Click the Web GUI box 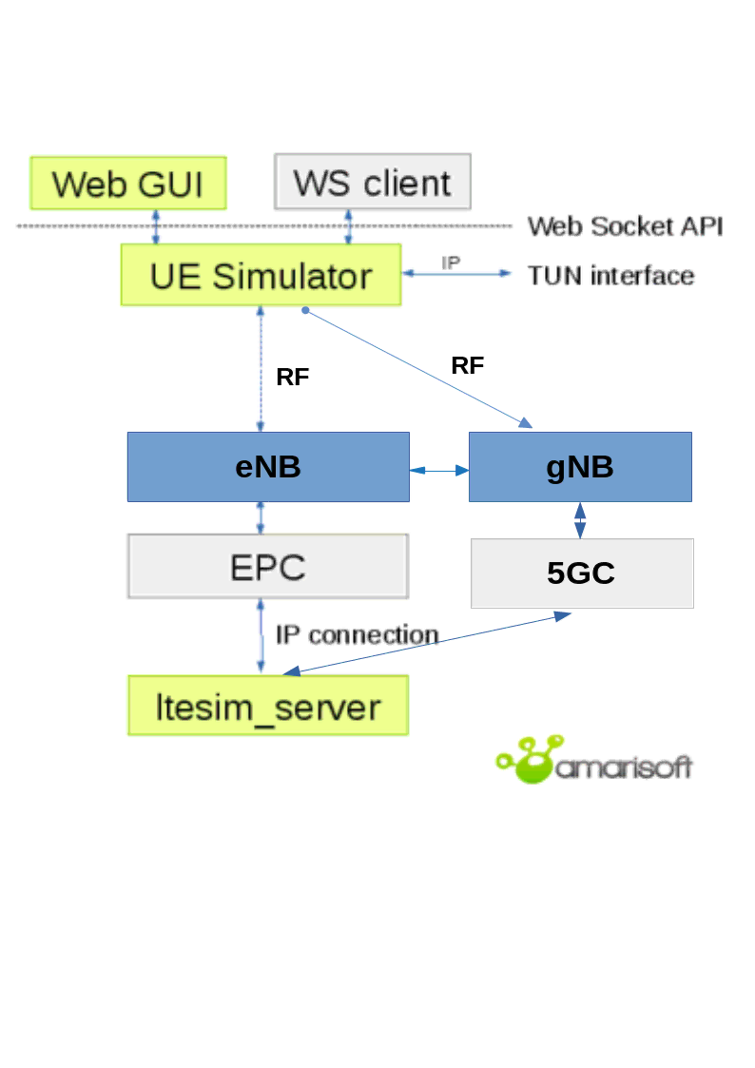pos(128,183)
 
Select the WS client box pos(372,182)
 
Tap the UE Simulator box pos(261,276)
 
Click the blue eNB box pos(268,467)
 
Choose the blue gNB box pos(580,467)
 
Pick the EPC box pos(268,567)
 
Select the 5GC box pos(582,573)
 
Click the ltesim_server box pos(268,706)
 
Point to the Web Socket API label pos(625,226)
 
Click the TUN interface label pos(610,276)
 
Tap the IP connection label pos(357,634)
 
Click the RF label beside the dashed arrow pos(293,378)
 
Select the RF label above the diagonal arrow pos(468,365)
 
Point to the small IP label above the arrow pos(451,262)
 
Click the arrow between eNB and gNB pos(439,470)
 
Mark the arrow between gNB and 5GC pos(580,520)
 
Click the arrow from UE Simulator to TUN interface pos(457,274)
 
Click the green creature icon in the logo pos(527,760)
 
